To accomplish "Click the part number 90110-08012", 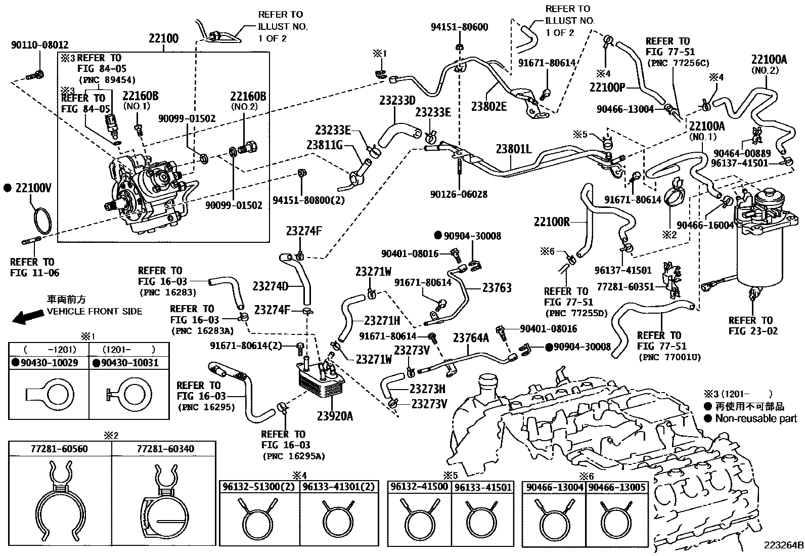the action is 39,45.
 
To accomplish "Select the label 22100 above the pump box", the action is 163,38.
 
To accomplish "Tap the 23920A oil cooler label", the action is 335,416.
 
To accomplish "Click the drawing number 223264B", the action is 783,545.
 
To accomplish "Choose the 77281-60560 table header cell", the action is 59,448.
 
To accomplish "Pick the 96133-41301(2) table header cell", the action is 338,487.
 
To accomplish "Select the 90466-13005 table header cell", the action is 617,487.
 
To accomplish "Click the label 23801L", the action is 514,149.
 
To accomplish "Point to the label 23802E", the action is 489,106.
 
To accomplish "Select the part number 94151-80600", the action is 459,27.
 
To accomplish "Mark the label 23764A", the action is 471,338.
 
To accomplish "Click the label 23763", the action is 497,287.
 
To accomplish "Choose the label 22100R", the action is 552,222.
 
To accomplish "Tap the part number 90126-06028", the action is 459,194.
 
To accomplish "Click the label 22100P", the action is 607,87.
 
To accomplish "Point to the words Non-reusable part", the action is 756,418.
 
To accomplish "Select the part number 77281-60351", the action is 625,287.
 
